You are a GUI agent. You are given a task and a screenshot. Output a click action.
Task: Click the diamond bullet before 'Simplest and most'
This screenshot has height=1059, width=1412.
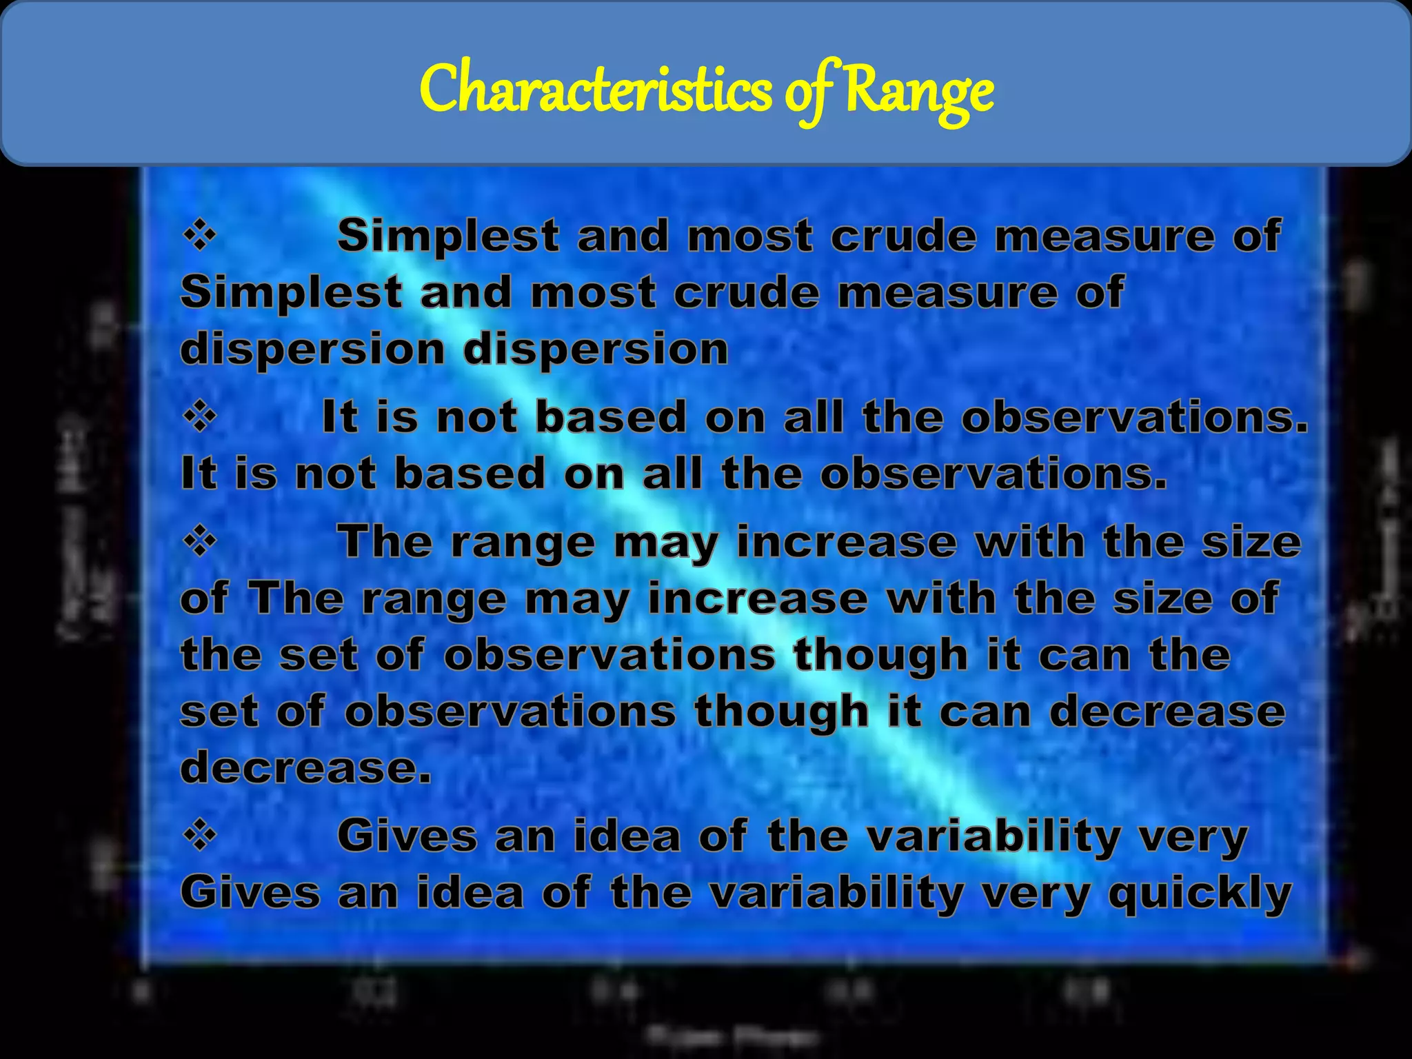[x=200, y=236]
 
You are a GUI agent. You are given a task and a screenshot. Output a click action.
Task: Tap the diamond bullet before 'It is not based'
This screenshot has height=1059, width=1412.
[x=200, y=418]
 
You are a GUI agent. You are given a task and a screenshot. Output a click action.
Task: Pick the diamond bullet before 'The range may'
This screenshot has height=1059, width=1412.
[x=200, y=543]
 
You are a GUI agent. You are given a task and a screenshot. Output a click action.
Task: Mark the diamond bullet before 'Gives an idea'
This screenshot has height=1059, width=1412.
[x=200, y=836]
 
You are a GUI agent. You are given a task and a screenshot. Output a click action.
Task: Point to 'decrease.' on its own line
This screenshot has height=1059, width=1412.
[x=305, y=767]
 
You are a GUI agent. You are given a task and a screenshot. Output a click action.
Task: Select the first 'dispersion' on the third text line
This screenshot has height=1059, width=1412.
[x=313, y=350]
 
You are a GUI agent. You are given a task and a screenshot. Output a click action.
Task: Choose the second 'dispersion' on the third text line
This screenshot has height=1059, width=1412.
[x=596, y=350]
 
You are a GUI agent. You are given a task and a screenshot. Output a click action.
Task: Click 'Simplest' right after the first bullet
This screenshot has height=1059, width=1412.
[x=447, y=236]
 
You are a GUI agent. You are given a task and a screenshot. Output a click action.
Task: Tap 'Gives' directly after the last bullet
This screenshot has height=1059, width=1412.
[x=407, y=836]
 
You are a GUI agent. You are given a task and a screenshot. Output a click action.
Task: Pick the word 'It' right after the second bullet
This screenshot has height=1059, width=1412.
[x=340, y=418]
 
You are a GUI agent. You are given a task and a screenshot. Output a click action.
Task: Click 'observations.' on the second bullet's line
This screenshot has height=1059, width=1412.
[x=1134, y=418]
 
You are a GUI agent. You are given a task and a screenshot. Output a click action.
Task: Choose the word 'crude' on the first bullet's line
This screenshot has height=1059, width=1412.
[x=903, y=236]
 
